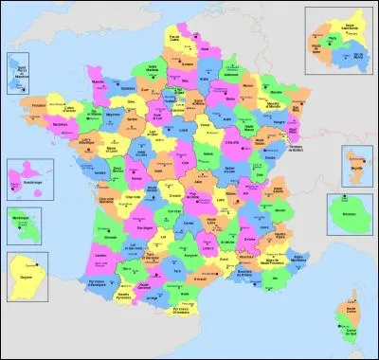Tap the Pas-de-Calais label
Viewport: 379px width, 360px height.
click(x=173, y=41)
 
